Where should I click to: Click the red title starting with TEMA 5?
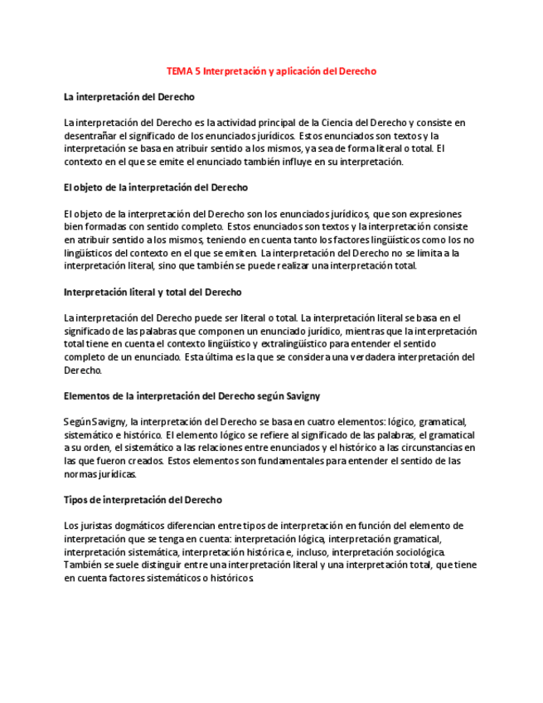271,71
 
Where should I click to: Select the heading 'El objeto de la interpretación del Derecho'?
155,187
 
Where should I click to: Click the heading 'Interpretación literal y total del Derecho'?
153,292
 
